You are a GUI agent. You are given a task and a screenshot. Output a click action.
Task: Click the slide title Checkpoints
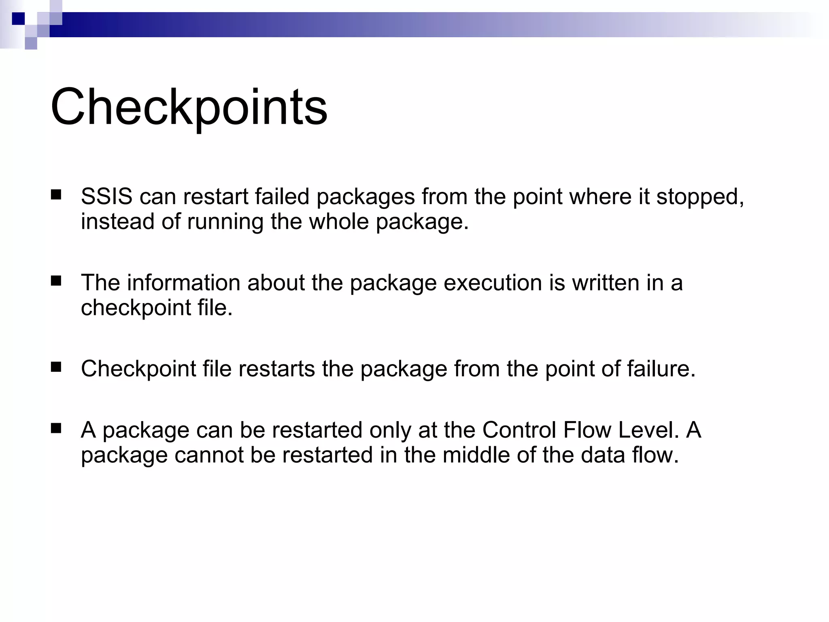click(189, 108)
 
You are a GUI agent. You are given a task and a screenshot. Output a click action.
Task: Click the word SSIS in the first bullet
click(106, 197)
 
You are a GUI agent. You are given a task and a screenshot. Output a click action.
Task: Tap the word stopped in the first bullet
click(699, 197)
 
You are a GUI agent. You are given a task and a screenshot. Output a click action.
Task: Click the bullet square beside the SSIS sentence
click(56, 195)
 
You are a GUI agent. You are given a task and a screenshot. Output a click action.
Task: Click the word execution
click(493, 283)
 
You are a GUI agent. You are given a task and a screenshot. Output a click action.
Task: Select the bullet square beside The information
click(56, 281)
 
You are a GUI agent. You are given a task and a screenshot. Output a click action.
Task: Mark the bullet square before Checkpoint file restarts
click(56, 367)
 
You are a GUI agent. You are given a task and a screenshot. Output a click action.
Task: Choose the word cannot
click(208, 455)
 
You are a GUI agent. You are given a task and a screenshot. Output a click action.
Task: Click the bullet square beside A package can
click(56, 428)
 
